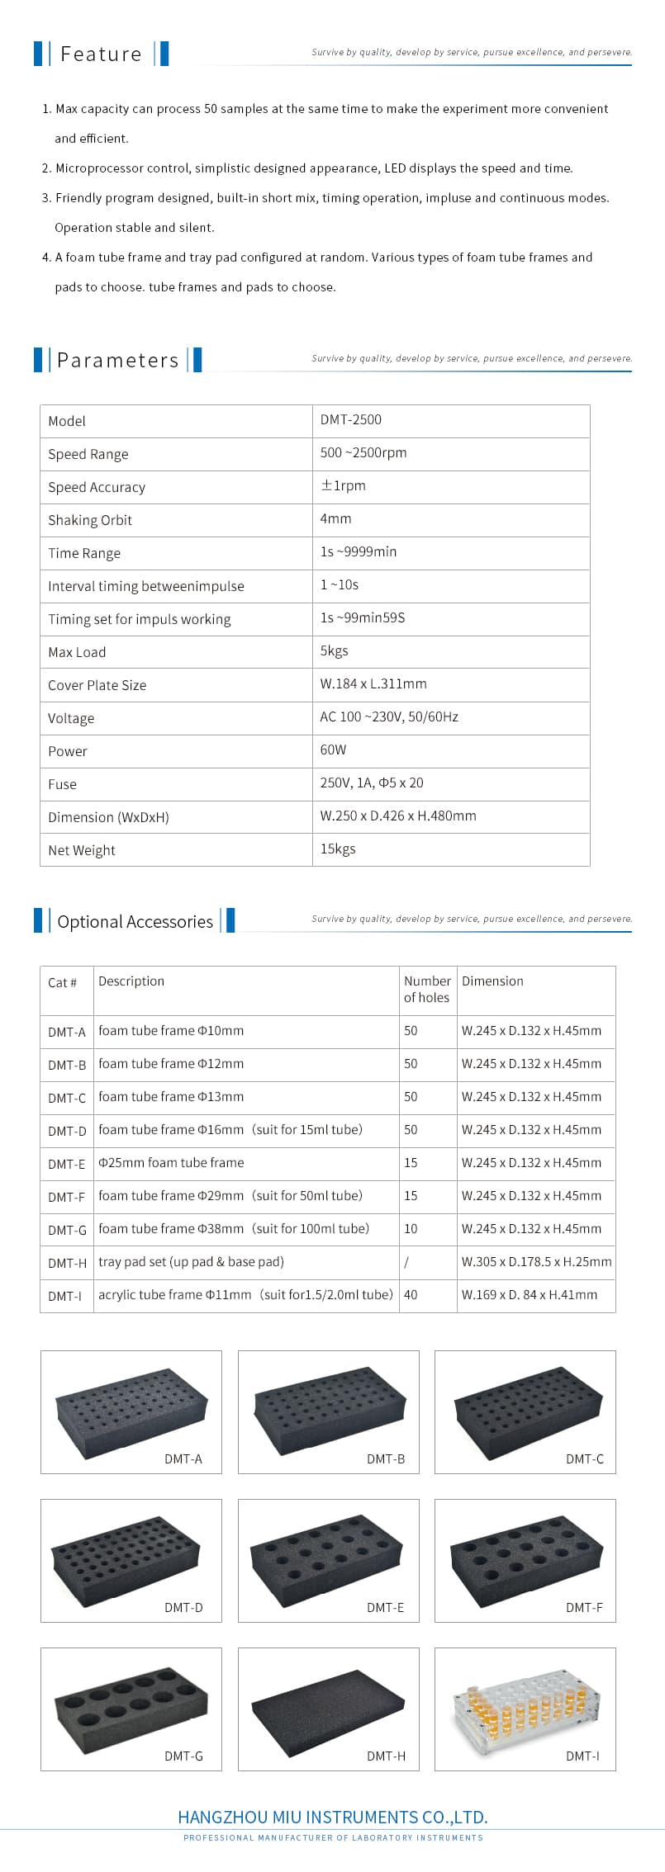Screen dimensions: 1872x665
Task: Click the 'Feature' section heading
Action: click(x=101, y=54)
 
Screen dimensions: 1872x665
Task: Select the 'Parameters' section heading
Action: click(x=117, y=361)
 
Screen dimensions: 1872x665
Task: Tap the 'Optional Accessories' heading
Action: click(x=135, y=922)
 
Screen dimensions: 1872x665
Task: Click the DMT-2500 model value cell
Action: click(x=351, y=420)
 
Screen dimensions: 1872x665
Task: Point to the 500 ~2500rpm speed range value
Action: click(x=363, y=453)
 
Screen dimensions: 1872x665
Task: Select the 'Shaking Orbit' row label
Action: click(x=90, y=520)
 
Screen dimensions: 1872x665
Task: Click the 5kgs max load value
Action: click(x=335, y=651)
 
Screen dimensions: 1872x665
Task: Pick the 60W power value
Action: click(x=334, y=750)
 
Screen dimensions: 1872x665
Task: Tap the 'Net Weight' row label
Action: click(x=82, y=850)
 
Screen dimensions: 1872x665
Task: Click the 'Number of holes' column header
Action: click(x=427, y=989)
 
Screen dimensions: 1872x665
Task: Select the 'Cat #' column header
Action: click(x=63, y=982)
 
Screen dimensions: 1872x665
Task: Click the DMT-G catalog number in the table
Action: click(x=67, y=1230)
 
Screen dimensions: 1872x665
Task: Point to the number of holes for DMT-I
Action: click(x=411, y=1295)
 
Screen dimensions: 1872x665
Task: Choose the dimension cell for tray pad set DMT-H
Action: click(x=536, y=1262)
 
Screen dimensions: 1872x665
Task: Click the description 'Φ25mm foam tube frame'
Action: click(x=171, y=1163)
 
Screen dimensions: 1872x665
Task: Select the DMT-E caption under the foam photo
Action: click(x=386, y=1607)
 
